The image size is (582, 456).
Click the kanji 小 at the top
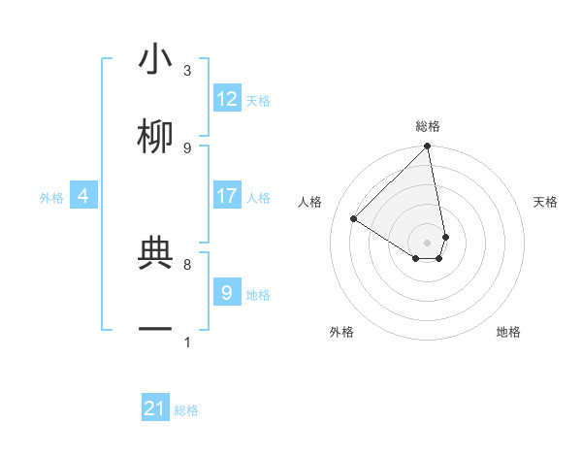tap(155, 60)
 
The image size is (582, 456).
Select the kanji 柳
tap(155, 138)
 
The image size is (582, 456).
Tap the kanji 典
tap(155, 254)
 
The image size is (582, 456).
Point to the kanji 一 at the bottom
tap(155, 330)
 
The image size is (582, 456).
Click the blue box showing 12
tap(227, 99)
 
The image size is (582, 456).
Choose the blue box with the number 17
tap(227, 196)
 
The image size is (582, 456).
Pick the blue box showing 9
tap(227, 292)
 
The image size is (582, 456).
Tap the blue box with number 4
tap(83, 196)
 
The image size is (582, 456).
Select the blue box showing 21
tap(155, 408)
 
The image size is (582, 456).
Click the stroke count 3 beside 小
tap(187, 71)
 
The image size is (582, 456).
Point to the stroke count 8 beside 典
tap(187, 264)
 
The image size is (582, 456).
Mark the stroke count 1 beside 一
tap(187, 342)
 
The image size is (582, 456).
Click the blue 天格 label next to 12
tap(258, 101)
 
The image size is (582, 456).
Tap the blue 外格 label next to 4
tap(51, 198)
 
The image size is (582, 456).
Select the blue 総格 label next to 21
tap(186, 410)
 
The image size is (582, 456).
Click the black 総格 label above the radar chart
tap(428, 126)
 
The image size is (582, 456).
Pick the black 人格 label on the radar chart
tap(310, 202)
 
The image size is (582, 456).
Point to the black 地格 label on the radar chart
tap(508, 332)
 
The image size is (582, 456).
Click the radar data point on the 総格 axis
tap(428, 147)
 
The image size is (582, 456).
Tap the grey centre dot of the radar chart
tap(428, 243)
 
